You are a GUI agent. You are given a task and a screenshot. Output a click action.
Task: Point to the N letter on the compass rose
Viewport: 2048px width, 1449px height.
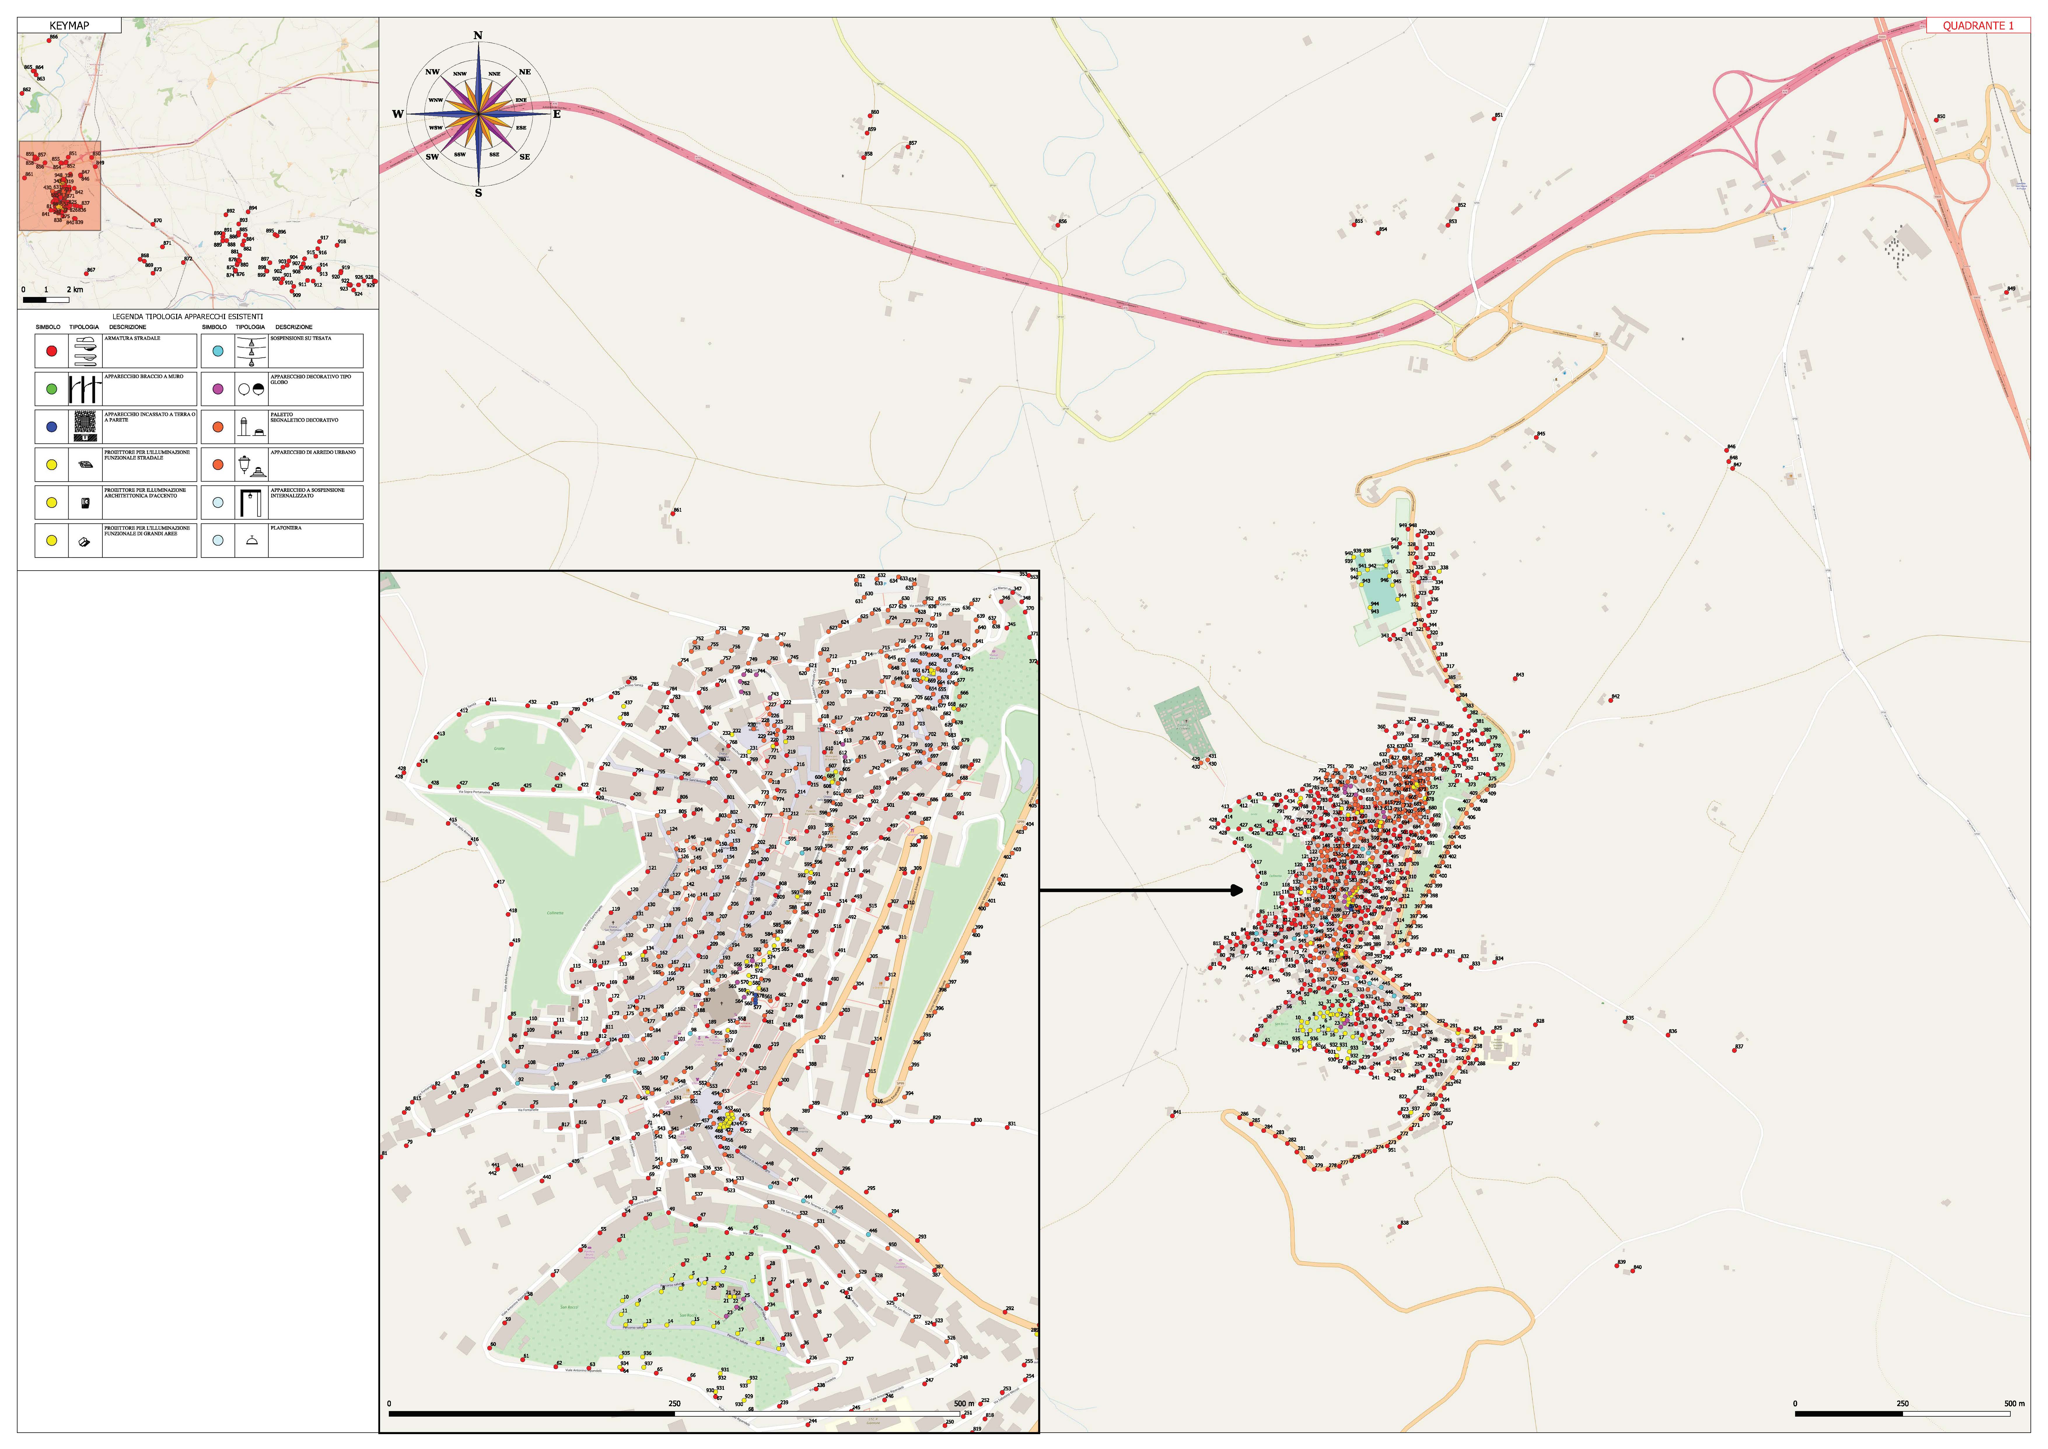[478, 36]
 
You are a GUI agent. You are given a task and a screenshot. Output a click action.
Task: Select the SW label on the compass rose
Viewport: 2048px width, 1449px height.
[432, 157]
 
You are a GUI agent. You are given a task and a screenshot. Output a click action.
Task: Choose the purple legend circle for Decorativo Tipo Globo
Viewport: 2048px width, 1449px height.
[218, 389]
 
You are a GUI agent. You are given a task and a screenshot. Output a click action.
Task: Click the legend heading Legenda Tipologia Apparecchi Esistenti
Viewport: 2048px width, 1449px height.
[187, 317]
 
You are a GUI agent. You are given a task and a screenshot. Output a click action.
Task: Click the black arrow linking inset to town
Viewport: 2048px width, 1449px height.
[1142, 889]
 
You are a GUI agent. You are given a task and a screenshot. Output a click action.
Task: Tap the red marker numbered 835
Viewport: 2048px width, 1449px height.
[1625, 1022]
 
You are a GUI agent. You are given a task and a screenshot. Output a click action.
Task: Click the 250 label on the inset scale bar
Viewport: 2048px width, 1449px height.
[674, 1403]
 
